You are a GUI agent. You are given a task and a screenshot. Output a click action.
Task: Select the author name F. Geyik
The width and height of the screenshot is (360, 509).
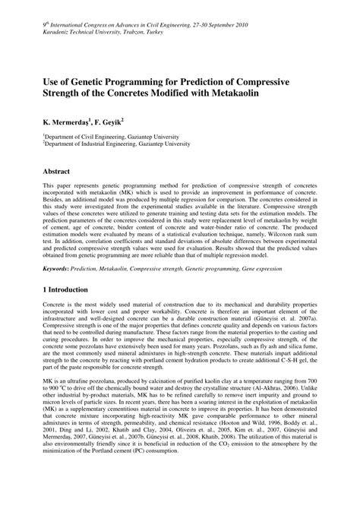(x=112, y=121)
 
